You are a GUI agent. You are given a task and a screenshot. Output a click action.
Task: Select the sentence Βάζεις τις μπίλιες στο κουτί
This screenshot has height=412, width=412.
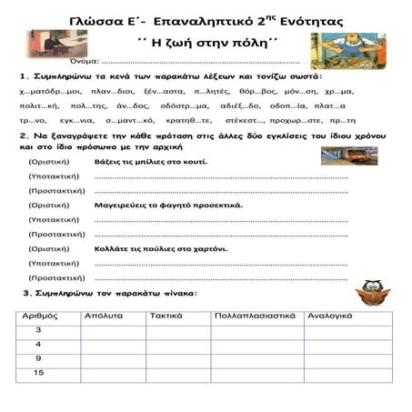(x=150, y=160)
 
